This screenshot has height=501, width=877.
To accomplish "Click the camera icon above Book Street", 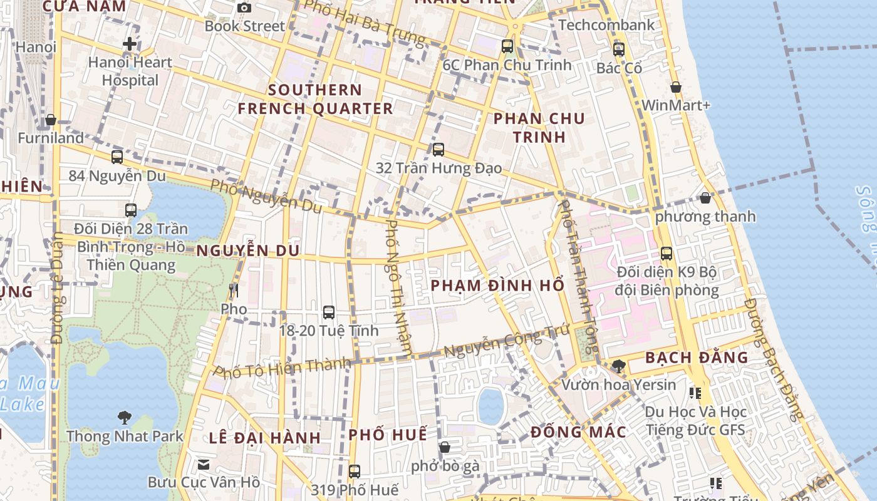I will click(244, 8).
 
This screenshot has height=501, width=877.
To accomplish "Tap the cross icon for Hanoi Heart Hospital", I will click(130, 44).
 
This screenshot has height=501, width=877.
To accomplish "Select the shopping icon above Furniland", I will click(51, 120).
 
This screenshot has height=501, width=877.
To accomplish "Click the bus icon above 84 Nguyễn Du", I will click(117, 157).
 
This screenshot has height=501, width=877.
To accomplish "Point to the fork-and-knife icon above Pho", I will click(234, 291).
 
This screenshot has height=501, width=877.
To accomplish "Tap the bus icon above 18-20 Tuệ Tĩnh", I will click(329, 312).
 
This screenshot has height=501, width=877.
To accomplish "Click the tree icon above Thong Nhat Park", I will click(125, 417).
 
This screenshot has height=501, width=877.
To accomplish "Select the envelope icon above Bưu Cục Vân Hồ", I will click(204, 465).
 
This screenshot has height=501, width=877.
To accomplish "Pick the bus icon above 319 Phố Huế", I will click(355, 472).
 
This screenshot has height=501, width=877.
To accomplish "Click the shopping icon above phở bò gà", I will click(445, 448).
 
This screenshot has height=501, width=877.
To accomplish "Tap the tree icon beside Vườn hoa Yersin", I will click(619, 366).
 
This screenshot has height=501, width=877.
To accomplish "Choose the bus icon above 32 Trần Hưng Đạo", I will click(438, 150).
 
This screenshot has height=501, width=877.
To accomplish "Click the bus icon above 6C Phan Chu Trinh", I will click(507, 46).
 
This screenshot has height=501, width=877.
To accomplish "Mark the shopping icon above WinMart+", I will click(676, 87).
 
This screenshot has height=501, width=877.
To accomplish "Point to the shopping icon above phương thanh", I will click(705, 199).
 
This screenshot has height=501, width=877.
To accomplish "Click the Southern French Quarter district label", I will click(315, 99).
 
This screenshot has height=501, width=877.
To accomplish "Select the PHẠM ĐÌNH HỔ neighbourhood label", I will click(498, 286).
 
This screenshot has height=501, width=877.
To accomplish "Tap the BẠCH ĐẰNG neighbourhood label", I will click(697, 358).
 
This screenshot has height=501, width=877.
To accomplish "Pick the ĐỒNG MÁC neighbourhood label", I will click(578, 432).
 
